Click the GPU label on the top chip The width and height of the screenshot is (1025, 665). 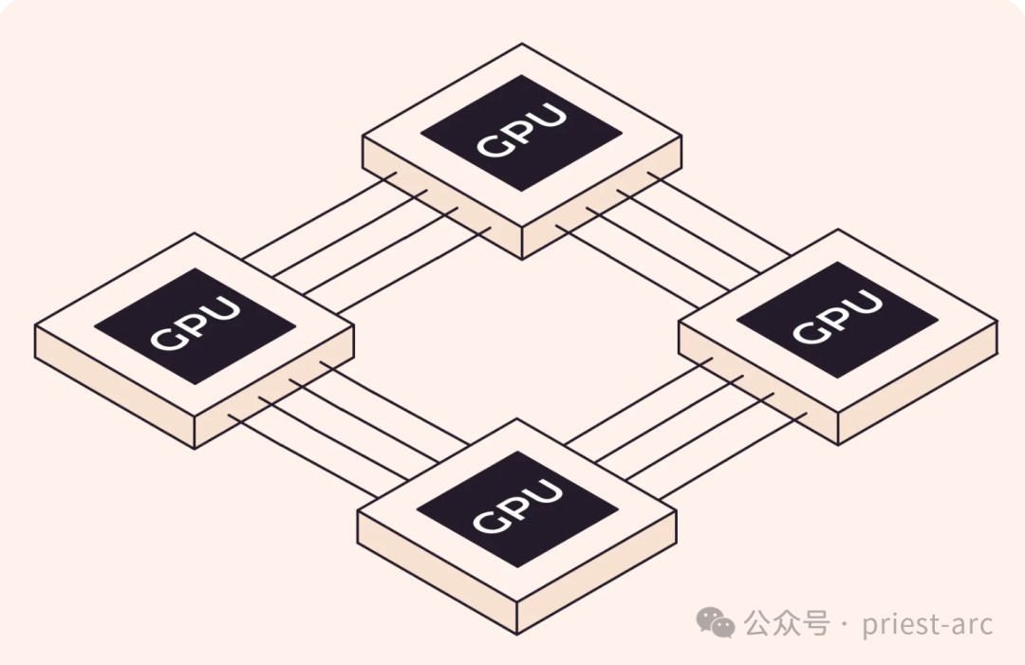point(521,132)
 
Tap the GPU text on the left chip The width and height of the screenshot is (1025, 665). point(195,325)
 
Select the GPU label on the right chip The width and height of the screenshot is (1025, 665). point(837,317)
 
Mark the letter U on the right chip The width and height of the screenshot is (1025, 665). point(865,304)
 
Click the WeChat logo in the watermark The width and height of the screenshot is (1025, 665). point(715,622)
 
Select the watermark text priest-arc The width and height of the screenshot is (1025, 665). point(927,624)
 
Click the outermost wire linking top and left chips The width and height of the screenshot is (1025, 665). point(318,216)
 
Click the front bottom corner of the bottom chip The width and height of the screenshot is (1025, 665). point(517,633)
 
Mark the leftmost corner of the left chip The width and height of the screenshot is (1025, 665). point(36,326)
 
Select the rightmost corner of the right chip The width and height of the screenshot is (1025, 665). point(997,322)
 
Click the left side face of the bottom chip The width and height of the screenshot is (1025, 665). point(437,578)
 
